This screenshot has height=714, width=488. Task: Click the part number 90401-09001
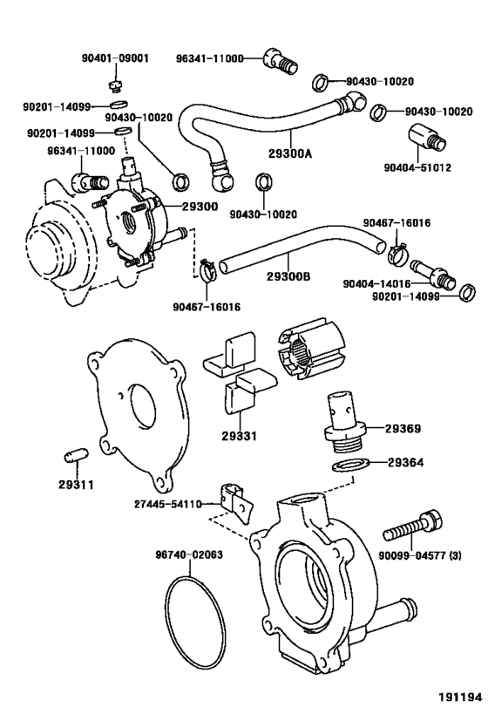(115, 58)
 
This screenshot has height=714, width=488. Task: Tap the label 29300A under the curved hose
(290, 153)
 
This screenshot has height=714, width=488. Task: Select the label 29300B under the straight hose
(288, 276)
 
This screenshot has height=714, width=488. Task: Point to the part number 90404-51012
(417, 167)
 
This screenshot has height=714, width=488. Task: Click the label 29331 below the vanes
(240, 436)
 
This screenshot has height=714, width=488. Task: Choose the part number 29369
(403, 428)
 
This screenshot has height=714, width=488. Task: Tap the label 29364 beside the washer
(405, 462)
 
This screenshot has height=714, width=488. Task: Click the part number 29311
(76, 485)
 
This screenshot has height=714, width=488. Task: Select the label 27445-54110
(167, 504)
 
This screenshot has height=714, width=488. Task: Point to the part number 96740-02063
(189, 554)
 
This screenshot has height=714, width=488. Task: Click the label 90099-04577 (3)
(420, 555)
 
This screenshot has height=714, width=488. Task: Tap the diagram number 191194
(460, 697)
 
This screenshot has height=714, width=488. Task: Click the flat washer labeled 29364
(349, 466)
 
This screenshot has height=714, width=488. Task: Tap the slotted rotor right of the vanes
(310, 350)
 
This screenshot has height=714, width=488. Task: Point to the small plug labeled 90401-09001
(117, 85)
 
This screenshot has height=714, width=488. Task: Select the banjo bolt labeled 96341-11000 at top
(281, 62)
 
